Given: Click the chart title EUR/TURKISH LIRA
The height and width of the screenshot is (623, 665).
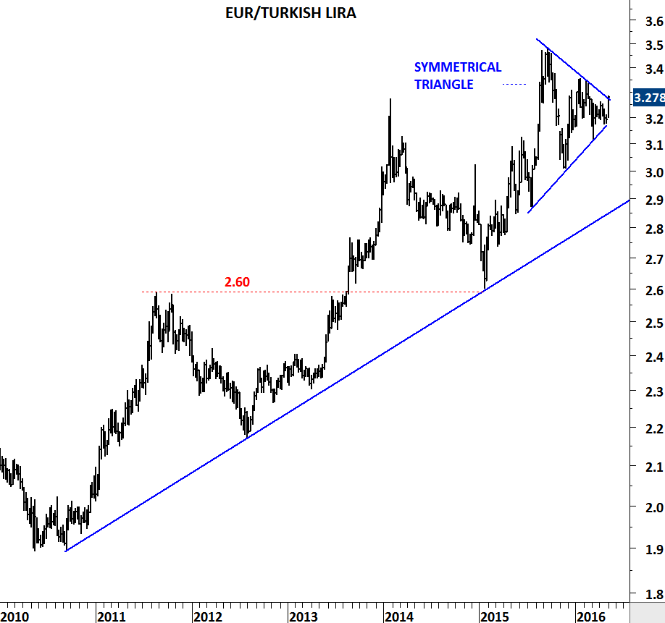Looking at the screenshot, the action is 290,13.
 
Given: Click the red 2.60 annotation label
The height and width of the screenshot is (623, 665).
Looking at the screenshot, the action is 237,281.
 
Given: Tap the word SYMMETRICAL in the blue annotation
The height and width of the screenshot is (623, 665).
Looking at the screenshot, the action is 458,67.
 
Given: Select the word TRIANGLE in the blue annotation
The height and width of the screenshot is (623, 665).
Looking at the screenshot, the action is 443,84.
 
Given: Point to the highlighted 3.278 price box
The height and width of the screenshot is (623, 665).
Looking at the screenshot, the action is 648,98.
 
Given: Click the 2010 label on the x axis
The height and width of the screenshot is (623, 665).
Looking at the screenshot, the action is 14,616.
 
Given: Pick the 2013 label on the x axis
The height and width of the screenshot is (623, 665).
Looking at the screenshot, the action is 303,616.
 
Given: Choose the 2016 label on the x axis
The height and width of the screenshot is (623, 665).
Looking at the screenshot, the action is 591,616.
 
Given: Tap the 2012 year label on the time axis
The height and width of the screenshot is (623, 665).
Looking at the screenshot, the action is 207,616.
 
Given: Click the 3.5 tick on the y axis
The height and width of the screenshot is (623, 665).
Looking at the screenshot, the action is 654,46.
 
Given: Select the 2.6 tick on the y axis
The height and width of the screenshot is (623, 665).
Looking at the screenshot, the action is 654,291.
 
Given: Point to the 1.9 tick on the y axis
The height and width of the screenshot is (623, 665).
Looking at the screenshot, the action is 654,549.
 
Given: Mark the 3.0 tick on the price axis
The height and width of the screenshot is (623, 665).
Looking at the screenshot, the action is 654,172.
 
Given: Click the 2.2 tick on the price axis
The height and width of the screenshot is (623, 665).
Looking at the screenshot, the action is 654,428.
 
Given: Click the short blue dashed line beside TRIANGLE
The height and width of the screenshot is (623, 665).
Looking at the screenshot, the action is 514,84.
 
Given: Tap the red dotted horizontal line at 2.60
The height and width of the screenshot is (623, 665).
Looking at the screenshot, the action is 312,292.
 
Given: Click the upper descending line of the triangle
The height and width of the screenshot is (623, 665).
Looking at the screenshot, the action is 573,69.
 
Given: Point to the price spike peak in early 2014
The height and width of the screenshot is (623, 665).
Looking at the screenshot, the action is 390,99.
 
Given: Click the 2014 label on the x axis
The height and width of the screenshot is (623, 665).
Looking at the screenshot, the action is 399,616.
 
